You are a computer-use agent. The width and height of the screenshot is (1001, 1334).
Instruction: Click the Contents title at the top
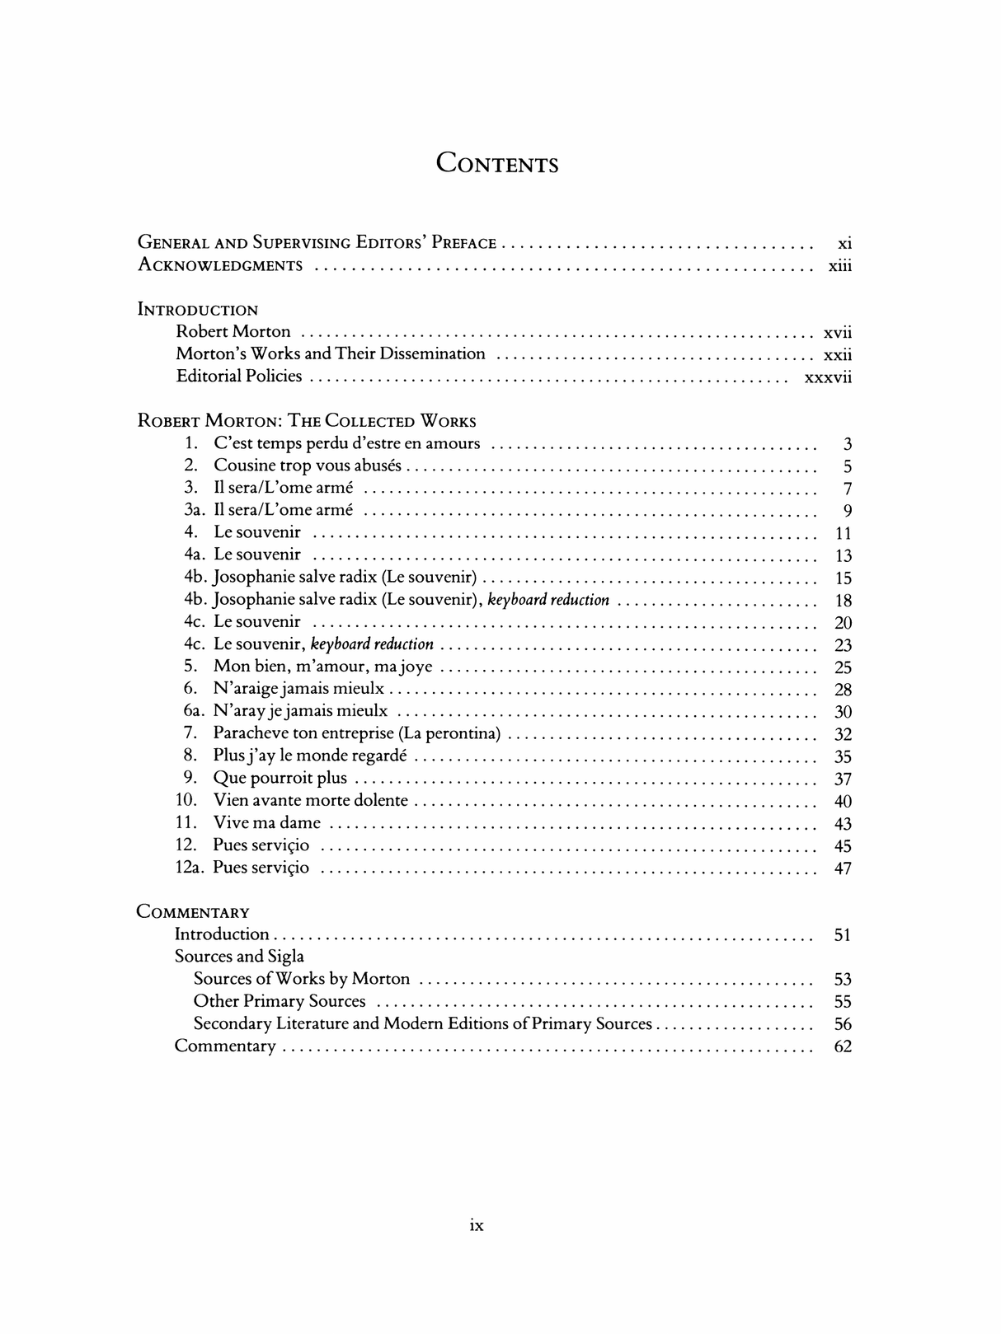pos(497,163)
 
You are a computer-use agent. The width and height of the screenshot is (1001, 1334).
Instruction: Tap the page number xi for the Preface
pos(844,243)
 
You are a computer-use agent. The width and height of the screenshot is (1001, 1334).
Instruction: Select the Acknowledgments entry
pos(220,265)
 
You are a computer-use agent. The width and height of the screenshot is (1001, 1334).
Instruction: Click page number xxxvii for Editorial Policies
pos(827,377)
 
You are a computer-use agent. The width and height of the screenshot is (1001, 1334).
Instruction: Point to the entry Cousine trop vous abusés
pos(308,466)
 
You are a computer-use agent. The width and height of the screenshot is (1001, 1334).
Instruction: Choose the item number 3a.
pos(195,510)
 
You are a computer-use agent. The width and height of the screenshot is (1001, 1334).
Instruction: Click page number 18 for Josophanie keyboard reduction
pos(843,601)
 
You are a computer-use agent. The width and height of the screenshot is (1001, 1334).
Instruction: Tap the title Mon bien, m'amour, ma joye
pos(322,667)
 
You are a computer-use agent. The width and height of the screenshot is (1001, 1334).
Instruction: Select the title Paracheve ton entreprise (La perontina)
pos(357,733)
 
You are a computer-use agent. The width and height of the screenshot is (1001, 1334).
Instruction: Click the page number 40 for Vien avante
pos(843,801)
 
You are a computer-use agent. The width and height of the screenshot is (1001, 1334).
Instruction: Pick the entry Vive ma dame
pos(266,822)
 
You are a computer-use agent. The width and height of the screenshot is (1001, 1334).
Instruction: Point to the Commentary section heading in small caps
pos(193,912)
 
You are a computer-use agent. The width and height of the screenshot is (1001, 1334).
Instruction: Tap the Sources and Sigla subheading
pos(239,957)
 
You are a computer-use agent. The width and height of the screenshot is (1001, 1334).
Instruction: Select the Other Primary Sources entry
pos(280,1001)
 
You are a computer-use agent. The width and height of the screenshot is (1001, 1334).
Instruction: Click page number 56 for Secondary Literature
pos(843,1024)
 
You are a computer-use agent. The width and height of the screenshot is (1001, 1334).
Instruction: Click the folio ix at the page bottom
pos(477,1225)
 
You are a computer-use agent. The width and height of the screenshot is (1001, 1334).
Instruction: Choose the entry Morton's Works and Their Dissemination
pos(331,353)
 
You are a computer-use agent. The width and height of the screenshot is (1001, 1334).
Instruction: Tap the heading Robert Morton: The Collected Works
pos(307,421)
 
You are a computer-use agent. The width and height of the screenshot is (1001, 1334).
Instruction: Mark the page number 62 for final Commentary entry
pos(843,1046)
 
